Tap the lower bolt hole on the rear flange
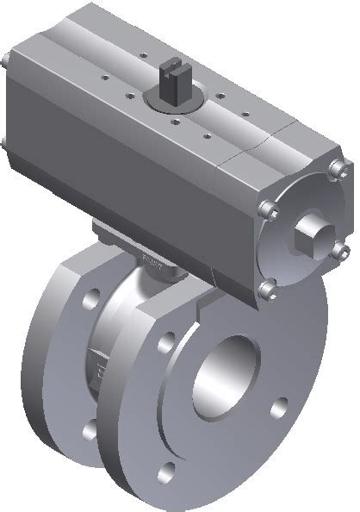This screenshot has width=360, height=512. tap(89, 428)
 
